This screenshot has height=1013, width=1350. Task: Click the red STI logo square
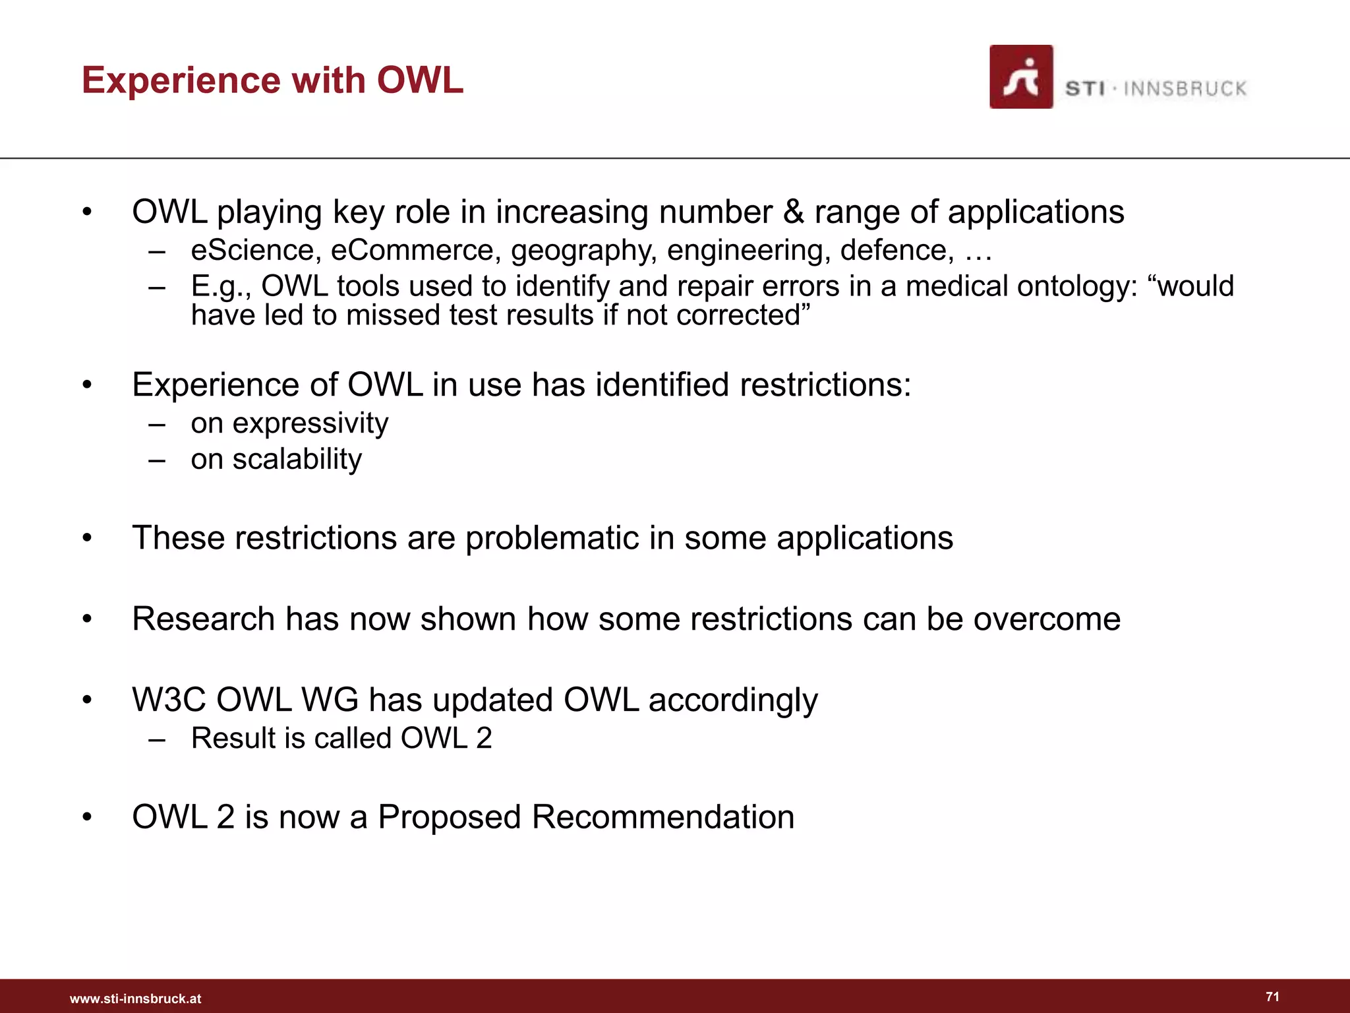coord(1020,77)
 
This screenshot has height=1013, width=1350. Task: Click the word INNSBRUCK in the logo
coord(1185,89)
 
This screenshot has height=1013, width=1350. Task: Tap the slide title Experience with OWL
coord(272,80)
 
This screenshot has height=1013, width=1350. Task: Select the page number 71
coord(1272,997)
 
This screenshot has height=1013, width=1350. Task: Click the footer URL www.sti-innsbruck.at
coord(135,998)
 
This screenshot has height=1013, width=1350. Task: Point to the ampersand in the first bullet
coord(794,212)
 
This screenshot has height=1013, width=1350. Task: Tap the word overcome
coord(1047,619)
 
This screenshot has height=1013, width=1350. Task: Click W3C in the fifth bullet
coord(169,700)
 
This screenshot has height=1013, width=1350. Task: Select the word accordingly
coord(733,701)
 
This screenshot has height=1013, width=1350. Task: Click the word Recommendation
coord(662,817)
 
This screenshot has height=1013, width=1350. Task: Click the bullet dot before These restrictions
coord(87,539)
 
